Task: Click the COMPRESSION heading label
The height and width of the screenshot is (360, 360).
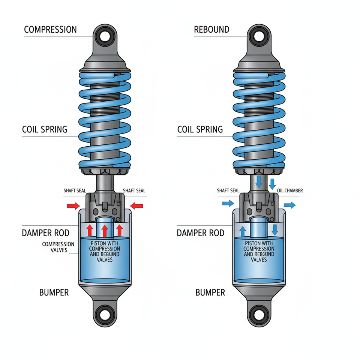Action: [50, 30]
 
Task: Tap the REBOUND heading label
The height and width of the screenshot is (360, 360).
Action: [211, 30]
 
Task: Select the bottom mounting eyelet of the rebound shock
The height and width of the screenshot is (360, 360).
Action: [258, 312]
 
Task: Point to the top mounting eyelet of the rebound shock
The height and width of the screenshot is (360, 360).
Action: [258, 37]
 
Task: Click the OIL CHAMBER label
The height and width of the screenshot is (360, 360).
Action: [290, 191]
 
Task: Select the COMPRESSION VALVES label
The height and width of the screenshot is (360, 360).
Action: [58, 247]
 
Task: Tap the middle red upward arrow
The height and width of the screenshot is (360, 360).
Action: [105, 230]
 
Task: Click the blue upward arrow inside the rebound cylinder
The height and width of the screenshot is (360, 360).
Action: [243, 230]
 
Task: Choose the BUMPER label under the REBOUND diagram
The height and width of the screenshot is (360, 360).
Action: [210, 292]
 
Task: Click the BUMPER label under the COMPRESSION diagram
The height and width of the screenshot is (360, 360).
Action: [54, 292]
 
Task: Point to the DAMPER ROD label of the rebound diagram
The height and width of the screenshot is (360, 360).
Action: [200, 233]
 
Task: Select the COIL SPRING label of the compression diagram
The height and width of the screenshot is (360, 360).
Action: [45, 129]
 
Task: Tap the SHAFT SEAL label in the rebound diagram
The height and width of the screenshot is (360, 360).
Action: [228, 191]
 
